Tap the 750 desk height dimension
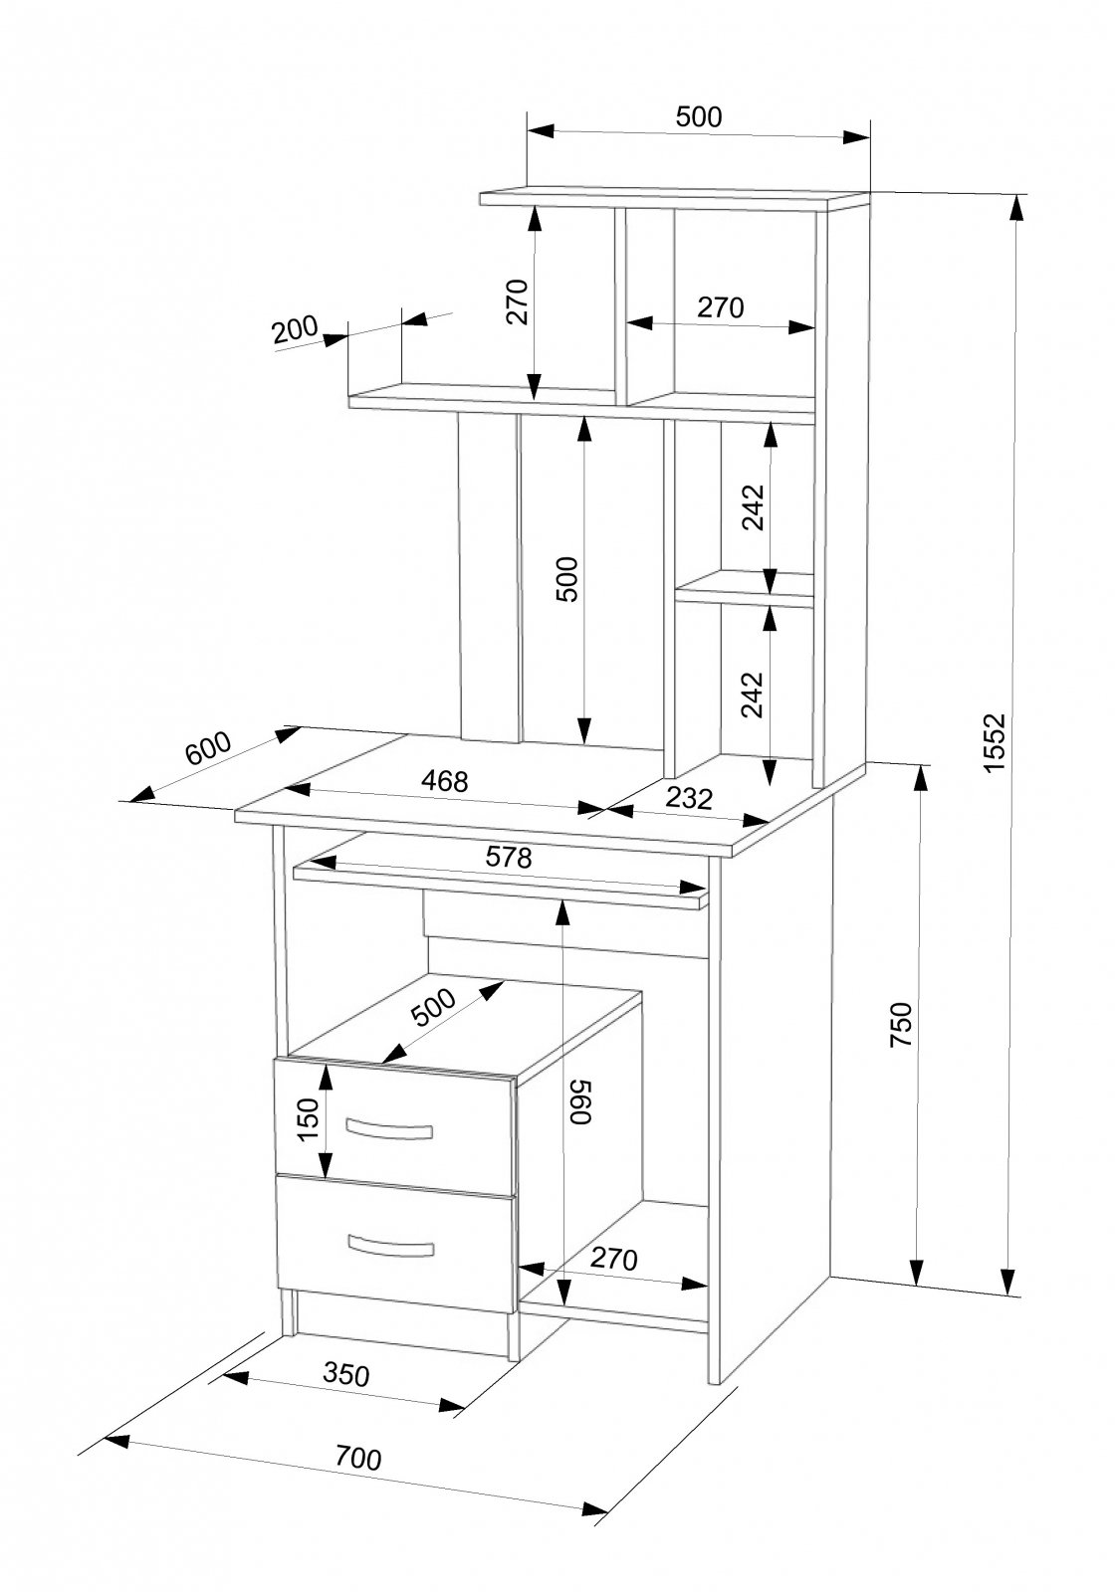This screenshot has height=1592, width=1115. (x=901, y=1024)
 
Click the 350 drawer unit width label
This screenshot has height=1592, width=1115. (x=346, y=1374)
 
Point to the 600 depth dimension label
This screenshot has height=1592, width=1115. (x=208, y=747)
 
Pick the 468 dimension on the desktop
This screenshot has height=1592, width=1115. (x=444, y=781)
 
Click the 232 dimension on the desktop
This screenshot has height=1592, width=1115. (x=689, y=798)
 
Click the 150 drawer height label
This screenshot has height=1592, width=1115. (x=308, y=1119)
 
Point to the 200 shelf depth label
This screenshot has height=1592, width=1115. (x=295, y=329)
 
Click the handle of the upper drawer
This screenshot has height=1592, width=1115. (x=389, y=1128)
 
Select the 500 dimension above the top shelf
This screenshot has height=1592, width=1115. (x=698, y=116)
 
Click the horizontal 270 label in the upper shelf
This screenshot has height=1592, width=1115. (x=720, y=307)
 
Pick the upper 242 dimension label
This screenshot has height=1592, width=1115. (x=753, y=507)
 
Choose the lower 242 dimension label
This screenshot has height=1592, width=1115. (x=752, y=695)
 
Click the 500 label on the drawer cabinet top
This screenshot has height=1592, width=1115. (x=434, y=1007)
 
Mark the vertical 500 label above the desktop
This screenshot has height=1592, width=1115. (x=566, y=579)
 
